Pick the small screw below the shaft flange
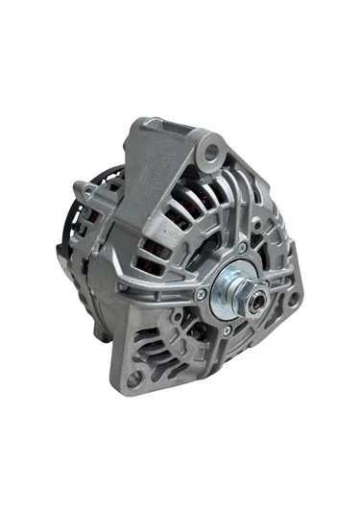point(225,331)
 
